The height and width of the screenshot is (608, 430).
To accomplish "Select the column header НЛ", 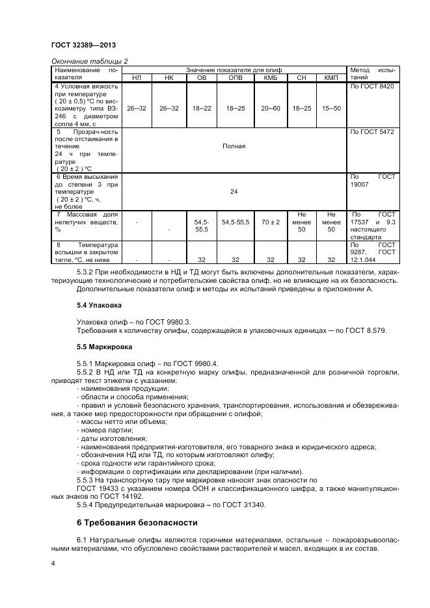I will tap(136, 78).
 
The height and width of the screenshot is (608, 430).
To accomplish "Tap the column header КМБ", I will tap(270, 78).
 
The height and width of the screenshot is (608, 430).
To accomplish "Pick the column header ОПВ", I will tap(234, 78).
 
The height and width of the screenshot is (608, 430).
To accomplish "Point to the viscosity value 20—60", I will tap(270, 108).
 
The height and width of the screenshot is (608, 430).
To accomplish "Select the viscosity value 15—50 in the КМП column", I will tap(331, 108).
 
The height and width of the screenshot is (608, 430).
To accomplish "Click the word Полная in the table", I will tap(234, 146).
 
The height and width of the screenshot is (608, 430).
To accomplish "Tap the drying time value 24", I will tap(234, 192).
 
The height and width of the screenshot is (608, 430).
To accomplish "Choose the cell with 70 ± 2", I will tap(270, 222).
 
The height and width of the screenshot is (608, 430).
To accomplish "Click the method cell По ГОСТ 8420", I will tap(372, 86).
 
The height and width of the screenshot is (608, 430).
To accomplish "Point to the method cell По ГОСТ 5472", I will tap(372, 132).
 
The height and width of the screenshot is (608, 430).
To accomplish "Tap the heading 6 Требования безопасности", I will tap(138, 522).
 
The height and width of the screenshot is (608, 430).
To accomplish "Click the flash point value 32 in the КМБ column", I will tap(270, 259).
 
